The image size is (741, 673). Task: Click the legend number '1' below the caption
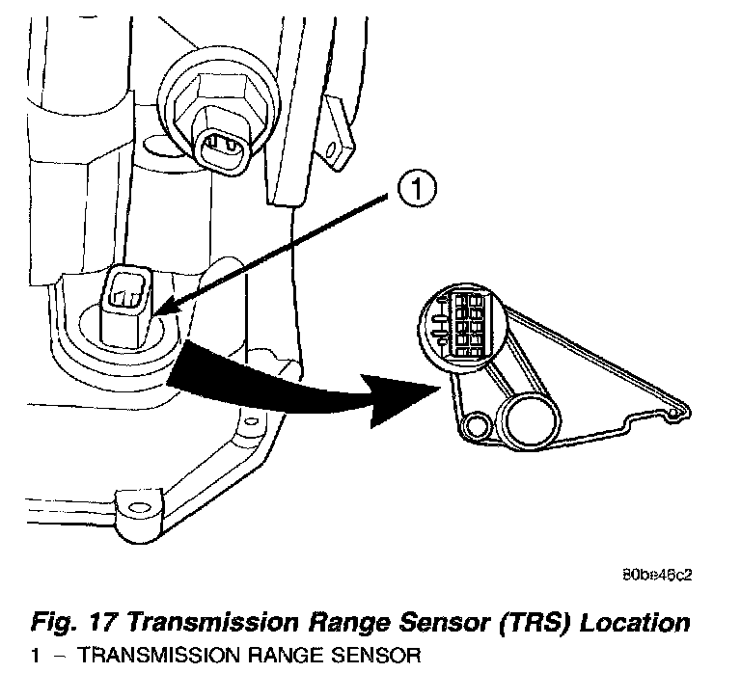34,658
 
